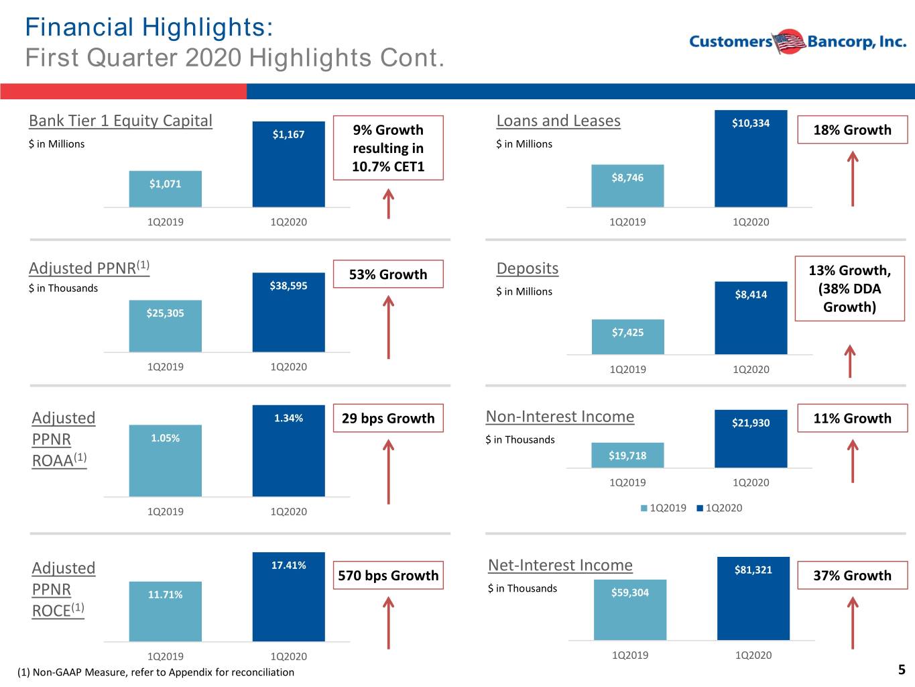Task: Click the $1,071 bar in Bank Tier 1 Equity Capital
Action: pos(165,189)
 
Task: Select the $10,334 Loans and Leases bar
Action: pos(751,158)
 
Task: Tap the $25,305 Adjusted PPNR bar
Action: pos(165,326)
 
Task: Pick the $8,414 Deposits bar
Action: pos(751,318)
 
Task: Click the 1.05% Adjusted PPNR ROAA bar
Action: pos(165,461)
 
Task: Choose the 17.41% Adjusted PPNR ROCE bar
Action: pos(288,597)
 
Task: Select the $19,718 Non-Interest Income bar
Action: pos(627,456)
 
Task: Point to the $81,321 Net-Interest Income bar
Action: pos(753,598)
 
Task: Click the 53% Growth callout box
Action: pos(388,274)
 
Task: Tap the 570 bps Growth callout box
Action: pos(388,575)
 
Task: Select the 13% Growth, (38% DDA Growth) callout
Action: pos(849,288)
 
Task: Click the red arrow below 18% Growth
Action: pos(853,178)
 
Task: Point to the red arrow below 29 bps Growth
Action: pos(389,472)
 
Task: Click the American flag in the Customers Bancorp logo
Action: pos(789,42)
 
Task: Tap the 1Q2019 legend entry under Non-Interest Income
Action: pos(663,508)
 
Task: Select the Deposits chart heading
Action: pos(528,268)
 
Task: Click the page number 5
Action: pos(902,670)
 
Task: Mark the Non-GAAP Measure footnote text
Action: pos(156,672)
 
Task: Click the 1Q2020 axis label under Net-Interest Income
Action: pos(753,655)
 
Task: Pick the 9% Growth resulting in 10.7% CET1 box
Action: pos(388,148)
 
